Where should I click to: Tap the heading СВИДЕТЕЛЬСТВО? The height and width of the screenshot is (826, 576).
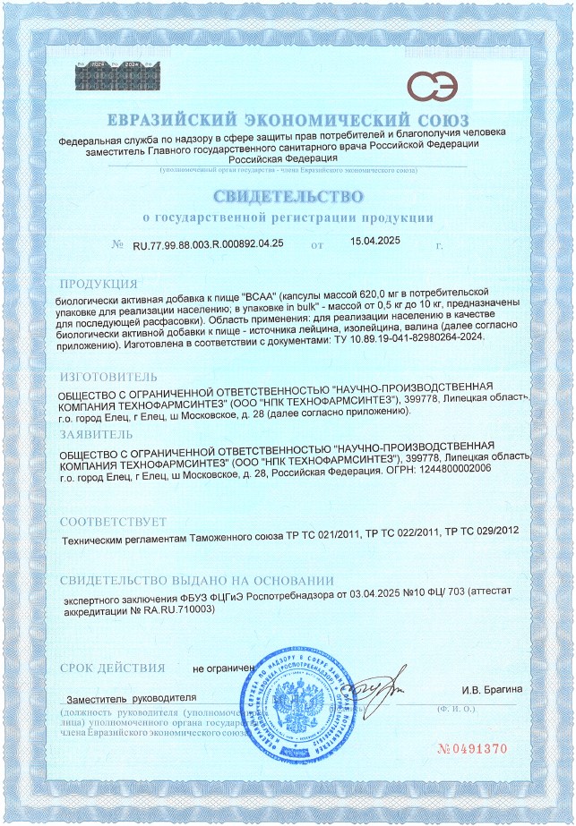pyautogui.click(x=288, y=196)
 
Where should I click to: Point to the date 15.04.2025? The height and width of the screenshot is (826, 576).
pyautogui.click(x=375, y=242)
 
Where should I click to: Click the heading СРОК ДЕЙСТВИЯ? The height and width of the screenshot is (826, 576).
pyautogui.click(x=111, y=668)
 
